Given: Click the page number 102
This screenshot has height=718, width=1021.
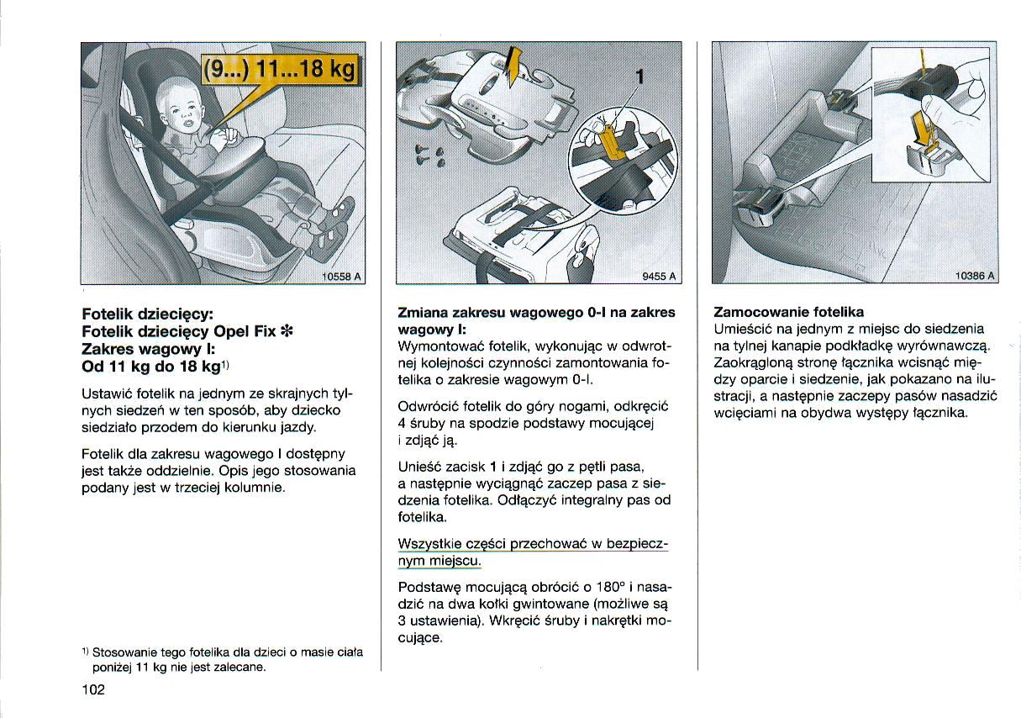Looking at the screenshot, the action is [x=93, y=689].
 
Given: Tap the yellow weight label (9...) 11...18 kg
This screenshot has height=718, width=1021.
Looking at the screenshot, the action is [x=279, y=71].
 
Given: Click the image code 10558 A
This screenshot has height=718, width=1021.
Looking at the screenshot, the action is [x=341, y=276].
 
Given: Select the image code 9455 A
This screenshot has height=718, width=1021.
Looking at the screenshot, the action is [x=659, y=276].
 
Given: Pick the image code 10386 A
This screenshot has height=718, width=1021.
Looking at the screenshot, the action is [x=975, y=276].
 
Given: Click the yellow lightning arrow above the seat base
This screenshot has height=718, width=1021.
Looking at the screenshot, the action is [x=513, y=66].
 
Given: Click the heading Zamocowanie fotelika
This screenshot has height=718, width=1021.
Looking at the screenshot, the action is [x=788, y=312].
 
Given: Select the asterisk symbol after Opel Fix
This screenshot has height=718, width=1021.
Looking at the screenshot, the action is [x=287, y=330].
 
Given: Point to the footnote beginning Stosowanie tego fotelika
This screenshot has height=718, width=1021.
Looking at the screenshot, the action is [x=223, y=660].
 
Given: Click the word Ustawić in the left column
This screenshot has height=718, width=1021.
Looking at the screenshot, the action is [x=107, y=393].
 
